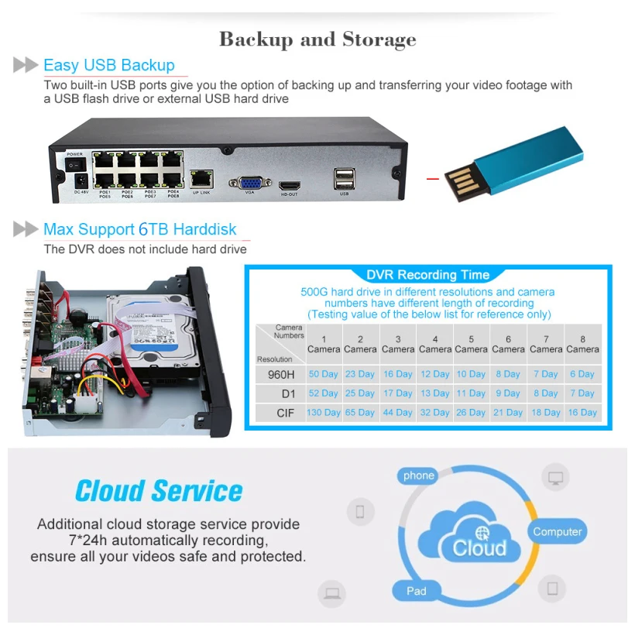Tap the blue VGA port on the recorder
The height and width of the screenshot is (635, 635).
tap(249, 184)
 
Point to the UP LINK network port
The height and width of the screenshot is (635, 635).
tap(201, 179)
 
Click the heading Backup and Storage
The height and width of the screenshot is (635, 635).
tap(317, 39)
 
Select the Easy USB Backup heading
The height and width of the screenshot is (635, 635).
tap(109, 65)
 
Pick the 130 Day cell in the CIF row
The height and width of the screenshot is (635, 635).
tap(324, 413)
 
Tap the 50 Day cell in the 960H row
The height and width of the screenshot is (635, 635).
tap(324, 374)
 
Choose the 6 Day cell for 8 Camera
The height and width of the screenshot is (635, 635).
tap(582, 374)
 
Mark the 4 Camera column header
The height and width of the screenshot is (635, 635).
tap(435, 344)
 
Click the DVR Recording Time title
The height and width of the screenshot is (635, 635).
tap(427, 275)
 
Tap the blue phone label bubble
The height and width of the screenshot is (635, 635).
tap(419, 475)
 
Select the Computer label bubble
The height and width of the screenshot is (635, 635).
tap(557, 532)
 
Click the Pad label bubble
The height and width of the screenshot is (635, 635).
tap(417, 591)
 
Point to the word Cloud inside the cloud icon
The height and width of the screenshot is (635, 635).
tap(479, 548)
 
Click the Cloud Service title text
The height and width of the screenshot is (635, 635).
tap(159, 491)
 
